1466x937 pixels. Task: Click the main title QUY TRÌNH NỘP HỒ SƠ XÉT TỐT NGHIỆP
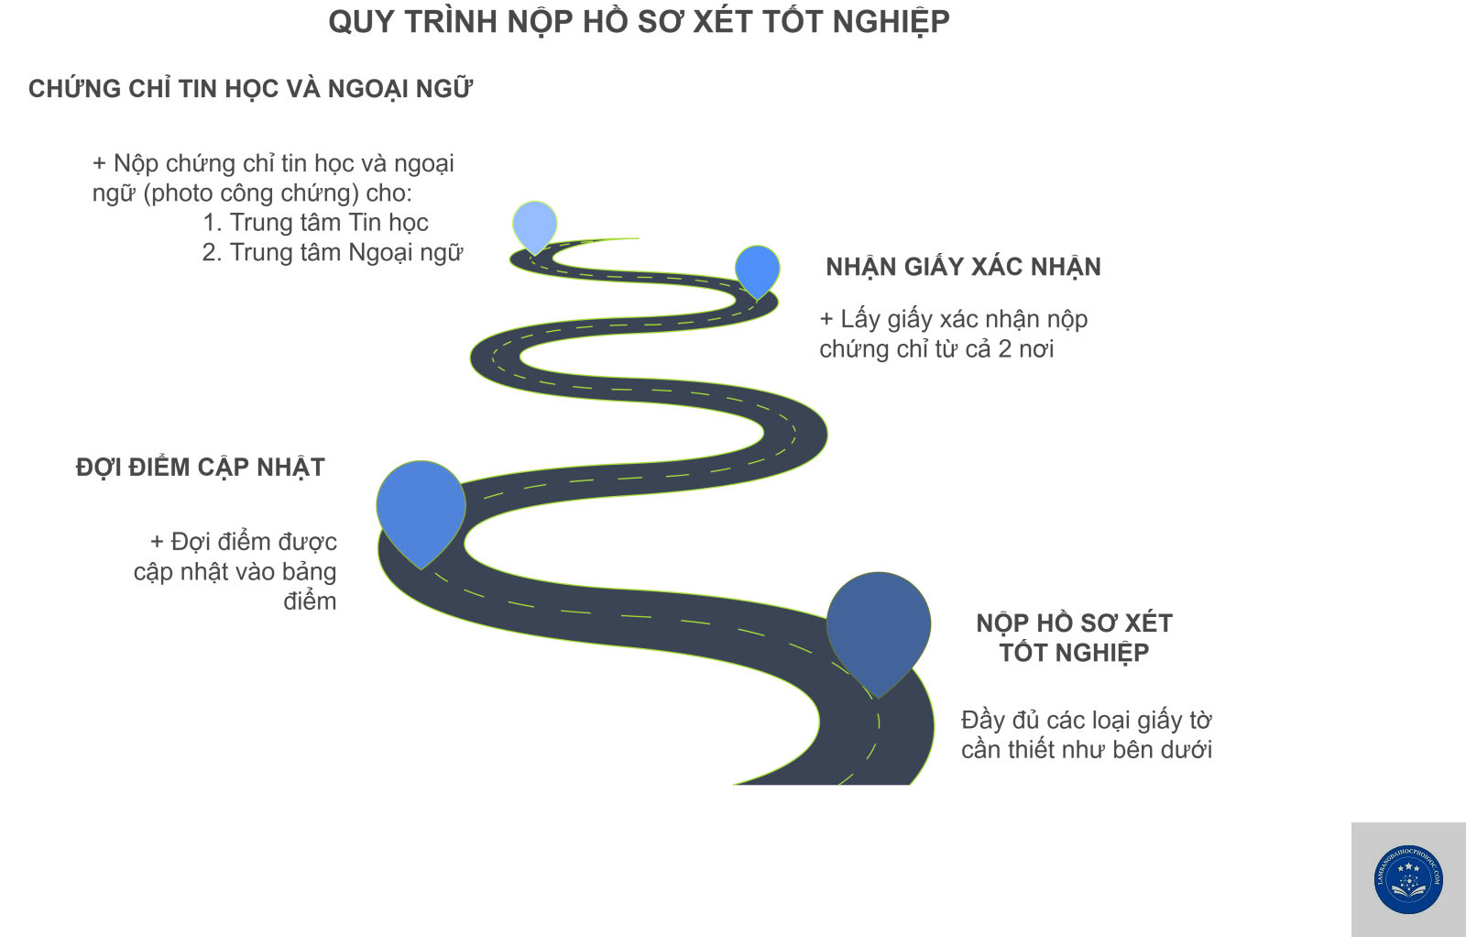(x=639, y=22)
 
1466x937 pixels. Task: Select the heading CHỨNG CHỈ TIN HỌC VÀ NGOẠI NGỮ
(x=251, y=89)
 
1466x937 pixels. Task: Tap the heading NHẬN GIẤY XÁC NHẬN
(x=963, y=267)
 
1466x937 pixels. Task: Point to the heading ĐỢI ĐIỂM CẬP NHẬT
(x=201, y=468)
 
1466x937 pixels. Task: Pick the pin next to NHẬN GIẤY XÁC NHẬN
(x=757, y=271)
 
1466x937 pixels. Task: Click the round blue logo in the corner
(x=1408, y=879)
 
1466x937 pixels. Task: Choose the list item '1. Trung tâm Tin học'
(x=315, y=223)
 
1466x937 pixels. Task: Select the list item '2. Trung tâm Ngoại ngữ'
(x=333, y=253)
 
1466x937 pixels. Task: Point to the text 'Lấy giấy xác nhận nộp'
(x=964, y=320)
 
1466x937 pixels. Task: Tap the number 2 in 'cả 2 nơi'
(x=1004, y=349)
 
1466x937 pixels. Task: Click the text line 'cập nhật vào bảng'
(x=235, y=572)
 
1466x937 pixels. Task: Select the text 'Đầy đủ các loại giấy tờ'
(x=1087, y=721)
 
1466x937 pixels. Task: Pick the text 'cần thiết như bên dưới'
(x=1087, y=750)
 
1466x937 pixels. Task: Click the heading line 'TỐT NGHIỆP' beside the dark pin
(x=1074, y=653)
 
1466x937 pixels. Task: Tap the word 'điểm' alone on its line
(x=311, y=601)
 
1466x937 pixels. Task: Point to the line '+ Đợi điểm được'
(x=244, y=542)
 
